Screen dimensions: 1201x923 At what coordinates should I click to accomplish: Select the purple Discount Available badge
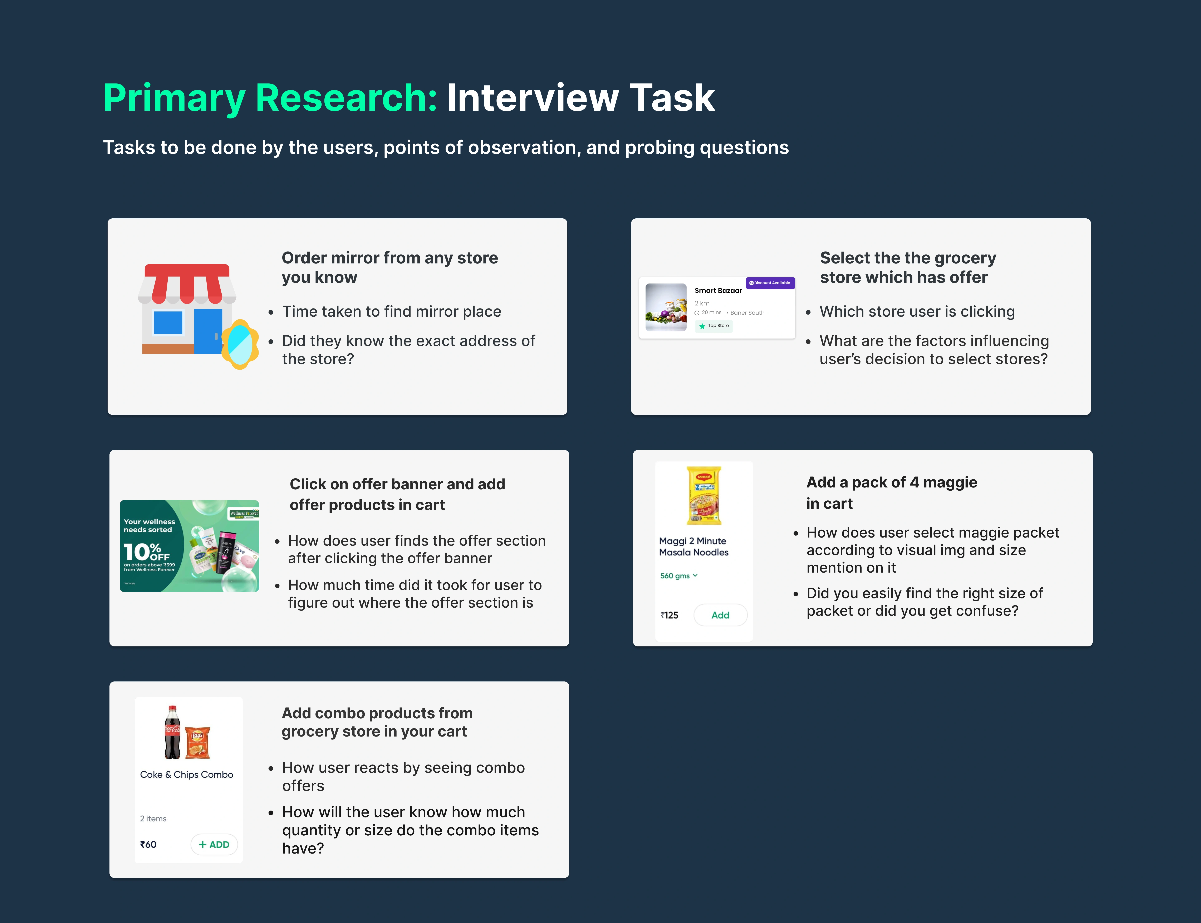point(770,283)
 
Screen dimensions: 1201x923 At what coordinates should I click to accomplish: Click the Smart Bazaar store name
point(718,291)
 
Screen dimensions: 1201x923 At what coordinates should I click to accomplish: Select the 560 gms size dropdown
point(679,576)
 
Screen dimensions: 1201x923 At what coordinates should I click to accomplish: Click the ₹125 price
point(670,615)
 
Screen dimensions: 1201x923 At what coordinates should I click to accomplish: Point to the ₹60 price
point(148,844)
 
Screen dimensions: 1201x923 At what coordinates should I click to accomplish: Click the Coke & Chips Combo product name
point(187,775)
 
